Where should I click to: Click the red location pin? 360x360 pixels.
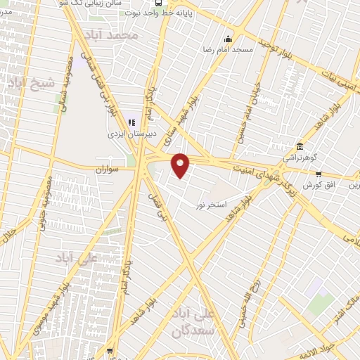tap(181, 165)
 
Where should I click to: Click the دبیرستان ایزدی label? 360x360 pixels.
tap(127, 132)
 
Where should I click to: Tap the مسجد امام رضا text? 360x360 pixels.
tap(228, 50)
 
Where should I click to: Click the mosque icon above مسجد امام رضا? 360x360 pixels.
tap(227, 39)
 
